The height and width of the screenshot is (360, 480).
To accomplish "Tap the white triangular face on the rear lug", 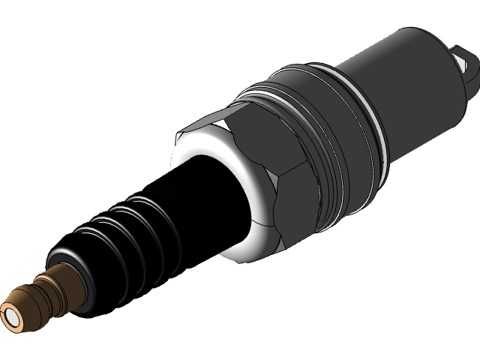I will click(x=468, y=71).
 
